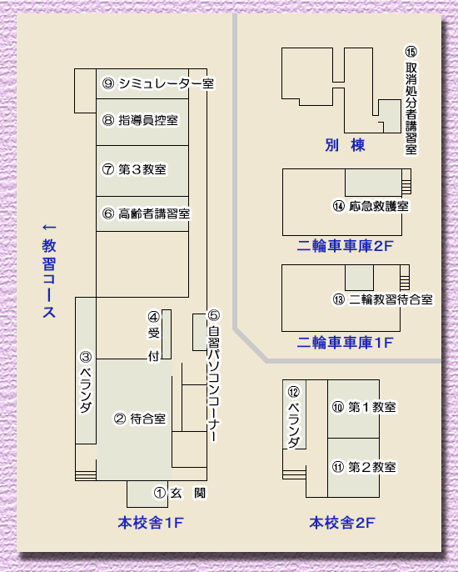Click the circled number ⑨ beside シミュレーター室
108,84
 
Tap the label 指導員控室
148,120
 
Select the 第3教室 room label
142,169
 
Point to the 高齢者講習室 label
154,213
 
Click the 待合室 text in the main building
148,419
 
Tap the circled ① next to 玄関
160,493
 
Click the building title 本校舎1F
151,523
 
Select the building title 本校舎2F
342,523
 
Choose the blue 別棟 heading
345,145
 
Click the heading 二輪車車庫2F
345,246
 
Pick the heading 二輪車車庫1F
345,343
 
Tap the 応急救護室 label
379,206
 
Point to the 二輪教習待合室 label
391,300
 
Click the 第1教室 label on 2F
372,407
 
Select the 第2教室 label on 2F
372,467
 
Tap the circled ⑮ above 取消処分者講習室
411,52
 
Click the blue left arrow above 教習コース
49,228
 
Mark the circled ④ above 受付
154,317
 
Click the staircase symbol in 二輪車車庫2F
406,182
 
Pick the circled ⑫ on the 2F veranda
294,392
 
